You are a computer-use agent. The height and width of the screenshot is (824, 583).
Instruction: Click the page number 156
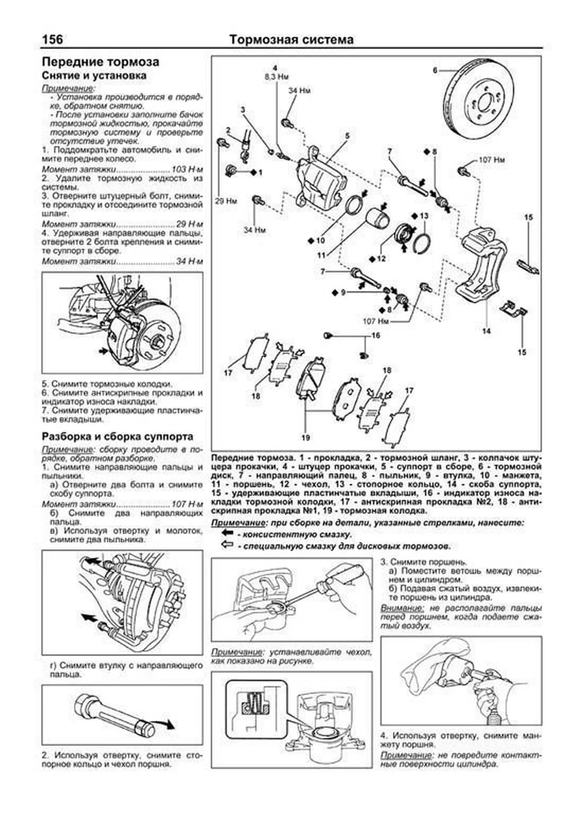(52, 39)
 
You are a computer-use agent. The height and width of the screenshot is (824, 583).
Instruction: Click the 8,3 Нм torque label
(276, 77)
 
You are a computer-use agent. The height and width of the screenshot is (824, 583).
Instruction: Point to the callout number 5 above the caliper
(347, 136)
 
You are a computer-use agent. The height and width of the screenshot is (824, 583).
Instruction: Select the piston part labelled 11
(377, 218)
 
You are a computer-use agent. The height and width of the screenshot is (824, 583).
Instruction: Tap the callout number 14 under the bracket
(486, 331)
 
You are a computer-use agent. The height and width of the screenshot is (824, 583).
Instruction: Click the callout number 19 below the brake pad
(305, 437)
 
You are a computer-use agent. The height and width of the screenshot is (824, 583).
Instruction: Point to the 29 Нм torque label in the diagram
(225, 201)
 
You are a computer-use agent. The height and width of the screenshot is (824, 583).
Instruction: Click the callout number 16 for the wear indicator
(376, 336)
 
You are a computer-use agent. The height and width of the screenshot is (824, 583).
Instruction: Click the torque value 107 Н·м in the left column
(187, 504)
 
